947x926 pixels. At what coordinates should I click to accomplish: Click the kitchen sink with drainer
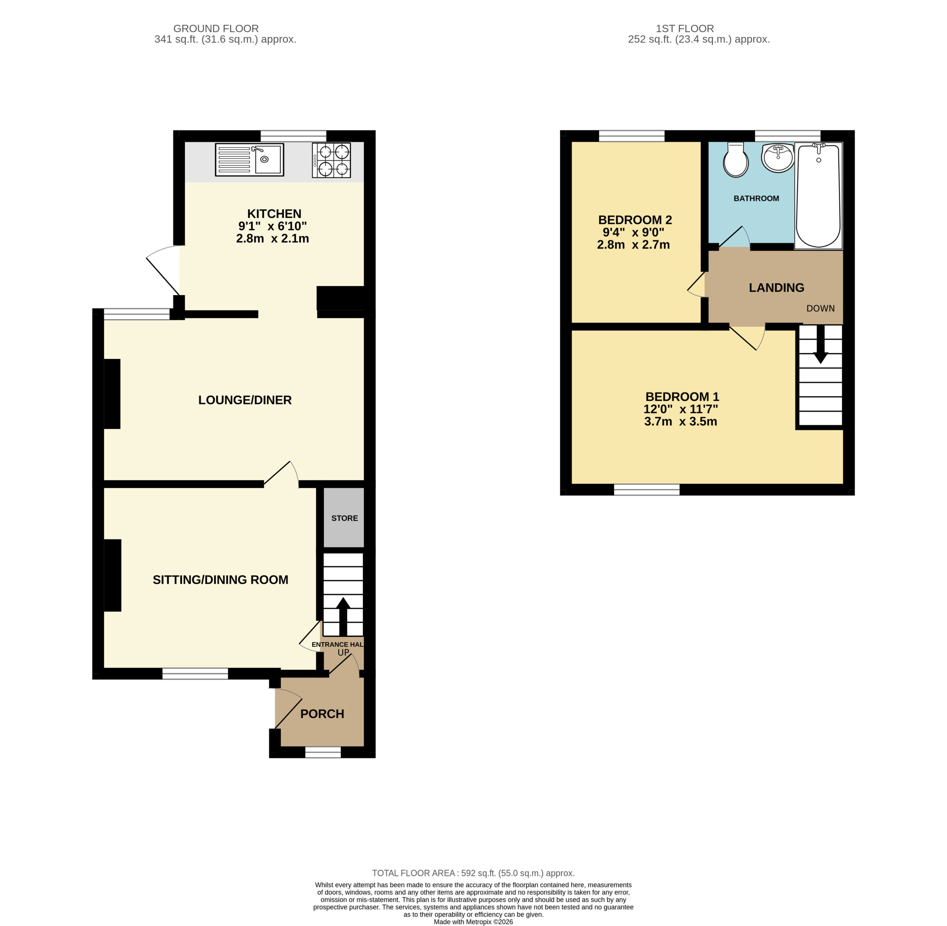click(250, 159)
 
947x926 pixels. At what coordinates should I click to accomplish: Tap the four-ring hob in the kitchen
click(331, 160)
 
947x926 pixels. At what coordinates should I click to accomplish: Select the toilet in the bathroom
click(736, 159)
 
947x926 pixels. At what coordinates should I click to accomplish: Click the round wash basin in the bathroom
click(777, 157)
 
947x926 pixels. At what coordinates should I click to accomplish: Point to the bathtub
click(819, 196)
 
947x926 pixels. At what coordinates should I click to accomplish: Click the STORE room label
click(344, 518)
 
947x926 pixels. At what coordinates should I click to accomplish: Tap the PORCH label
click(322, 714)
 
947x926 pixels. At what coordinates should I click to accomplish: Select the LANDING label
click(776, 288)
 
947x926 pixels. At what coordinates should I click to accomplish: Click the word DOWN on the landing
click(820, 308)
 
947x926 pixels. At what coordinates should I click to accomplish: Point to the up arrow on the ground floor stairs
click(343, 616)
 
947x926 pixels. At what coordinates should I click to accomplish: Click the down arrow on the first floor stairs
click(820, 344)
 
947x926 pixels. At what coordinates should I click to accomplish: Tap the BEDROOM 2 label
click(635, 220)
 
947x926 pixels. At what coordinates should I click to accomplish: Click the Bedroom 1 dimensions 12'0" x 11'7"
click(680, 409)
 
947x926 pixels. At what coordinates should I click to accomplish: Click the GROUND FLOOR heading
click(216, 29)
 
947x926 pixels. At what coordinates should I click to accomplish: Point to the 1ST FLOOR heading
click(685, 29)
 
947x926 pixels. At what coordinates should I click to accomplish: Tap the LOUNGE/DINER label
click(245, 400)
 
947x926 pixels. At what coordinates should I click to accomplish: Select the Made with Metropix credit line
click(473, 922)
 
